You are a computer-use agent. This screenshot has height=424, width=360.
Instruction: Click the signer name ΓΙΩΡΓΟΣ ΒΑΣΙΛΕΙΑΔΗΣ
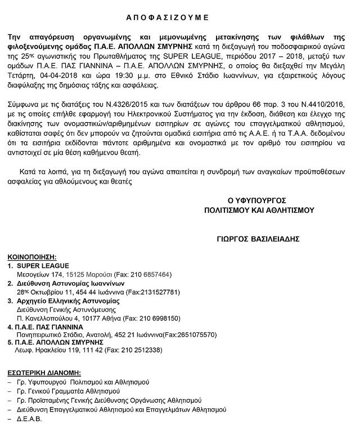[267, 239]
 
